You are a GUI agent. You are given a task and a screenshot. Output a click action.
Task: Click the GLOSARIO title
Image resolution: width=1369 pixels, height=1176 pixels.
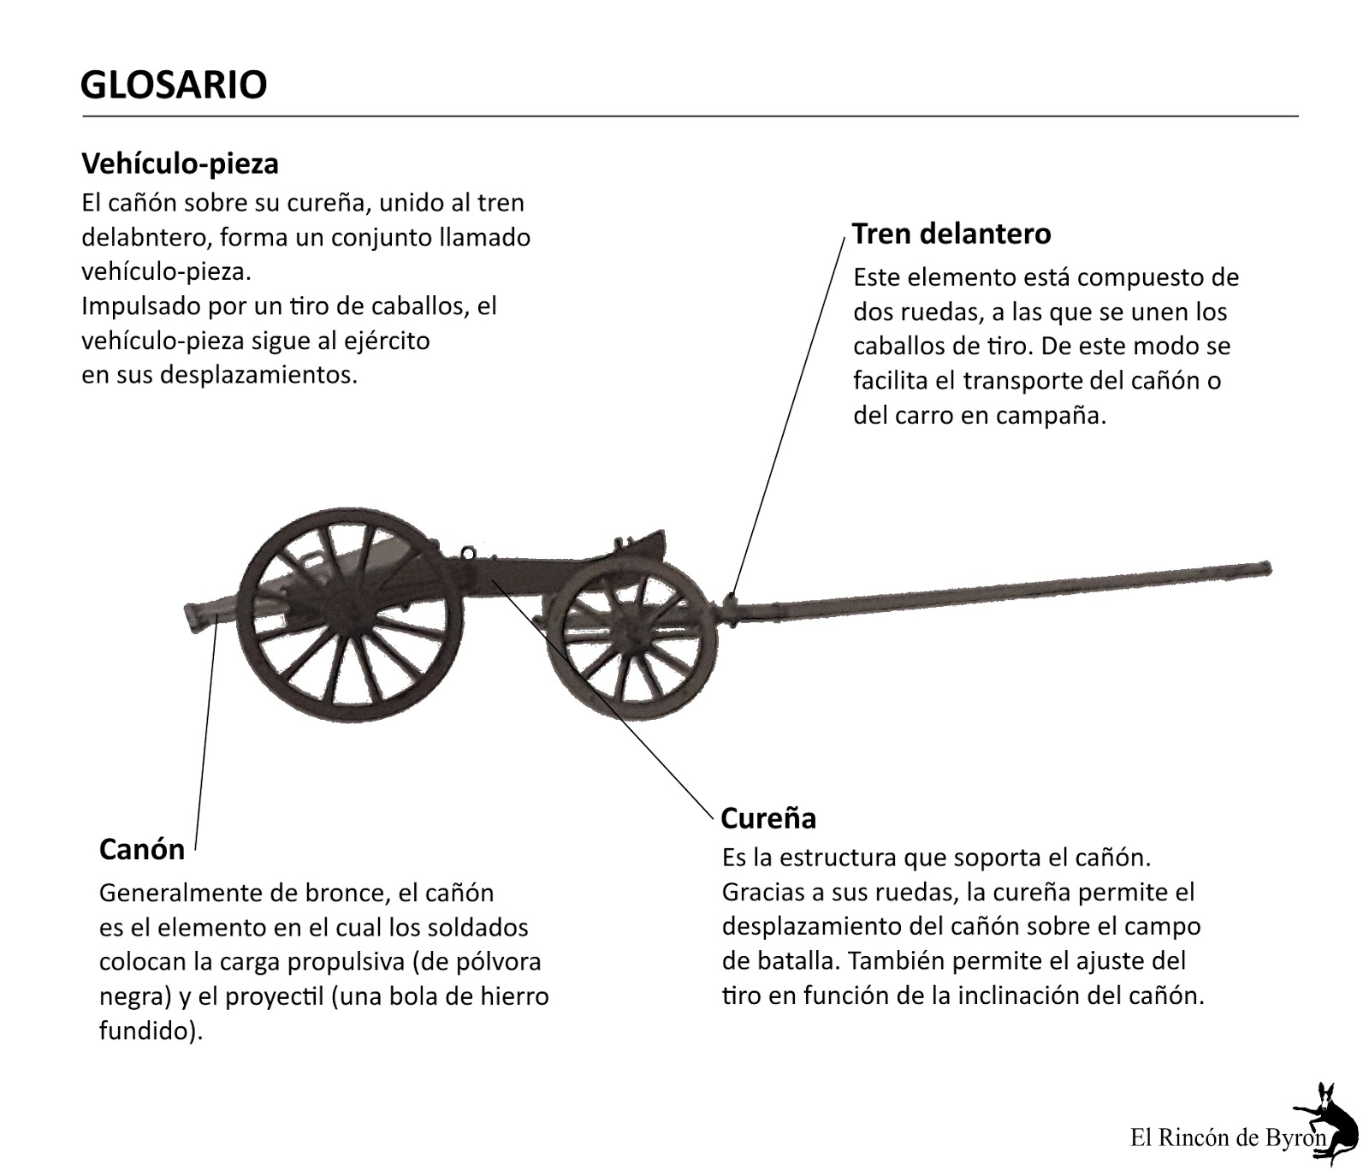(174, 85)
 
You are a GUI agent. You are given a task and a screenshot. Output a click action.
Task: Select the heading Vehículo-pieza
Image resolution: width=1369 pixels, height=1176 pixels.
(180, 163)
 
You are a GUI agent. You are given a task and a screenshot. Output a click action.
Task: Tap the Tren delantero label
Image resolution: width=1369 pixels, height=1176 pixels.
(951, 234)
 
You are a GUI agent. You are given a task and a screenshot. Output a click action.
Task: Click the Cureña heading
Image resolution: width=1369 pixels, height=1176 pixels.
(768, 818)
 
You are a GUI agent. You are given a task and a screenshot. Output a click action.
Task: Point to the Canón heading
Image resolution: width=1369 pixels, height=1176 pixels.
(142, 849)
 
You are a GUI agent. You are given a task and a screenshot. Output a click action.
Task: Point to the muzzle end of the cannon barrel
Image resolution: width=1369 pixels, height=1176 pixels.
(190, 615)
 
